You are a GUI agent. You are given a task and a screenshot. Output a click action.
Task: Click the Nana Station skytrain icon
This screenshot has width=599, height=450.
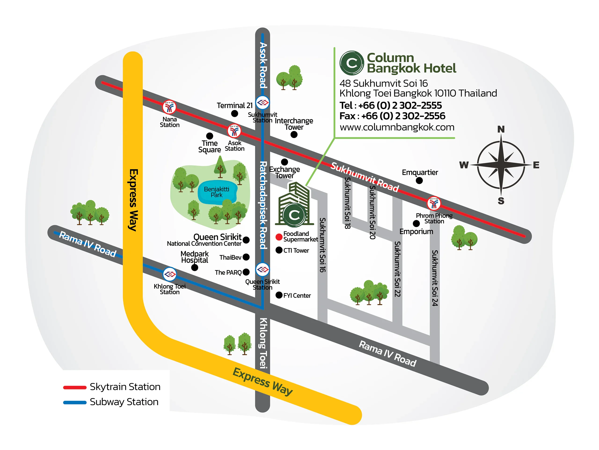pos(169,107)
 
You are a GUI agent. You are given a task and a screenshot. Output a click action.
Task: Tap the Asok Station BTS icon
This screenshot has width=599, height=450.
pos(234,131)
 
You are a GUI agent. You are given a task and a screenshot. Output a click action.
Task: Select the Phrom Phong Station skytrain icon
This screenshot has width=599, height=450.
pos(434,203)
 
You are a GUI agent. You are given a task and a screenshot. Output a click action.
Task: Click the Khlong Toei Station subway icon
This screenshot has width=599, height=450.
pos(170,274)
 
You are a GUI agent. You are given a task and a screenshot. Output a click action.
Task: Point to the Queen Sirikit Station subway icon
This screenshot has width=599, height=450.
pos(262,269)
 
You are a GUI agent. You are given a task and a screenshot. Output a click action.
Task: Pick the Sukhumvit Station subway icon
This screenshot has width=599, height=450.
pos(262,102)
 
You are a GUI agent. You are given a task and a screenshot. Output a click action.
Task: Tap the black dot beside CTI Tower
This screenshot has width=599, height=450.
pos(279,250)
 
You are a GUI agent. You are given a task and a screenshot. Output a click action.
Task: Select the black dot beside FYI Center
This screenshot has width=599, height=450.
pos(279,295)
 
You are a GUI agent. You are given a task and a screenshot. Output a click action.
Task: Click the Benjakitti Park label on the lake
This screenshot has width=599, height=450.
pos(217,192)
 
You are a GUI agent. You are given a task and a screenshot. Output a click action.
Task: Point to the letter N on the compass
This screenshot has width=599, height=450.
pos(501,129)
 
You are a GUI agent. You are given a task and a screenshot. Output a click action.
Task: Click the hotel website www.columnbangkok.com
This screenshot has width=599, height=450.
pos(397,127)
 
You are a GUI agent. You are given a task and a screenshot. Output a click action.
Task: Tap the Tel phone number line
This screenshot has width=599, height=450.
pos(391,105)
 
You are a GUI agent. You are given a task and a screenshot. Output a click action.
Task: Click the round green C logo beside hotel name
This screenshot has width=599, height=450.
pos(352,63)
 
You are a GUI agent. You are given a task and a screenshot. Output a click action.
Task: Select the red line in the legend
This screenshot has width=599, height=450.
pos(75,387)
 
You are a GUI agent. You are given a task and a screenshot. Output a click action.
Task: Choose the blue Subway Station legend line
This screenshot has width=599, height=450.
pos(75,402)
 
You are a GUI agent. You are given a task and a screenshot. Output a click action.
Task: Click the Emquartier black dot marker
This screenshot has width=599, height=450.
pos(419,180)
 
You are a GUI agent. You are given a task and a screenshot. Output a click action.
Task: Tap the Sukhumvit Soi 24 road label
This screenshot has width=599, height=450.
pos(435,278)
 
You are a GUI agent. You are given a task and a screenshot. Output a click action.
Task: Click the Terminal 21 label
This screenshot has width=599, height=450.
pos(234,105)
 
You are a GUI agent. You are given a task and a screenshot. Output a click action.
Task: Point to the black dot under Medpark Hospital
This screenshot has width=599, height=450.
pos(194,268)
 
